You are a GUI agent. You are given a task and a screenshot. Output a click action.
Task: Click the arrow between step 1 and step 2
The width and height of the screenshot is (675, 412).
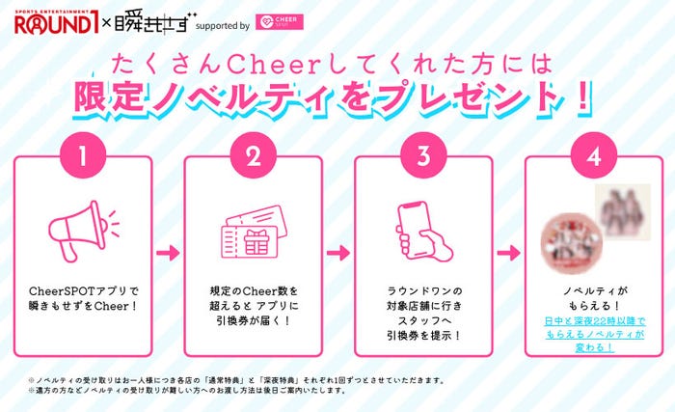click(167, 254)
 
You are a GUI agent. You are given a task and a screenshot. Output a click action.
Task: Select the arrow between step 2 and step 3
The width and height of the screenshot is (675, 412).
click(337, 254)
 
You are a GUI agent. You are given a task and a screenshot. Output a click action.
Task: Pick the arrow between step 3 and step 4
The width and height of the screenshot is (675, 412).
click(506, 254)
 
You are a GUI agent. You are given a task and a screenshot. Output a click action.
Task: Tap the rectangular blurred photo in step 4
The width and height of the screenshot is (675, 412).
click(617, 206)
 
